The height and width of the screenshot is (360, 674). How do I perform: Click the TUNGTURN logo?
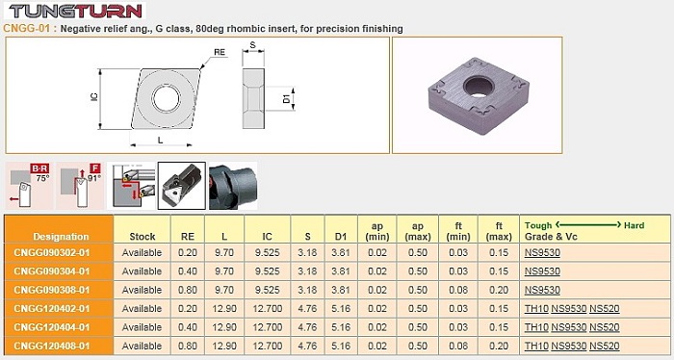click(x=75, y=11)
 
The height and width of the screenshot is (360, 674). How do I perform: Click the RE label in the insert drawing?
click(x=220, y=52)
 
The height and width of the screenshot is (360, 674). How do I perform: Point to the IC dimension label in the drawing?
click(x=94, y=97)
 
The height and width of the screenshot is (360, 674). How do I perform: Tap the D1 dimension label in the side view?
click(x=286, y=99)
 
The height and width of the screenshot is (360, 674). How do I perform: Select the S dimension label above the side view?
click(x=252, y=44)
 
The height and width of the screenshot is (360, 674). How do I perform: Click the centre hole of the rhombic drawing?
click(x=166, y=99)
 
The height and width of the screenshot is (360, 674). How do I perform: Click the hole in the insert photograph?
click(x=478, y=86)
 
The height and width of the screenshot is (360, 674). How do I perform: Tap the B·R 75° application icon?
click(x=30, y=186)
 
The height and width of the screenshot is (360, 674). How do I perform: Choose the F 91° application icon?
click(x=80, y=186)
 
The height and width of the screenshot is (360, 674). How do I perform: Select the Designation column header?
click(x=61, y=236)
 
